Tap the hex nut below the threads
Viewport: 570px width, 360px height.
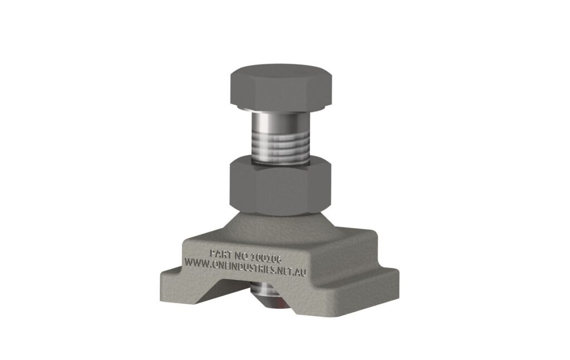coord(280,188)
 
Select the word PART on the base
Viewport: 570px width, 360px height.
coord(219,254)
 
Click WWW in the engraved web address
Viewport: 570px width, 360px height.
coord(196,262)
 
